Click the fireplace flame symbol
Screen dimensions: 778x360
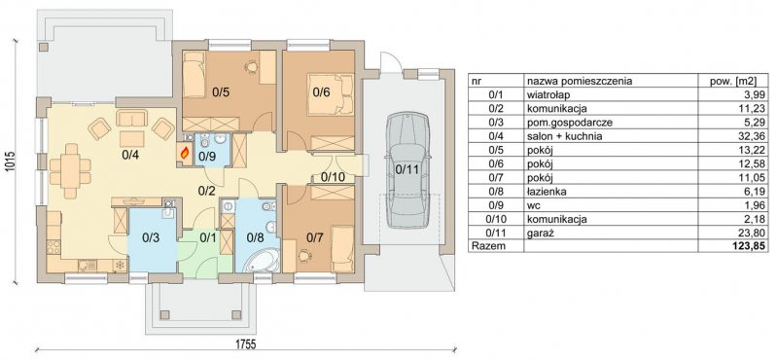(185, 154)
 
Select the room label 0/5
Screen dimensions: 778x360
(221, 91)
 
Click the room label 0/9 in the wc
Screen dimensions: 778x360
(206, 157)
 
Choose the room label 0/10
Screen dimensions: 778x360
(331, 176)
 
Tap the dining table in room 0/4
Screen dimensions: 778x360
(70, 170)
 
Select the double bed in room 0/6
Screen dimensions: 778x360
(331, 94)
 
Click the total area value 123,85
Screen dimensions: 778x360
(750, 245)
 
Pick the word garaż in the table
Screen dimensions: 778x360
(539, 232)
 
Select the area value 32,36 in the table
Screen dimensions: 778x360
(756, 136)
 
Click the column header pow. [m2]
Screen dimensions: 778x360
(736, 81)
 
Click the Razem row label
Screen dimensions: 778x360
(488, 245)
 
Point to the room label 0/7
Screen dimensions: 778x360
(314, 237)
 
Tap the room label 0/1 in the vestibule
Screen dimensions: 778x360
(207, 237)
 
